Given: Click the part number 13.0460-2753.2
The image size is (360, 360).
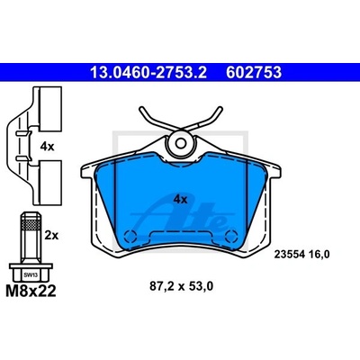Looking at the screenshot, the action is point(148,72).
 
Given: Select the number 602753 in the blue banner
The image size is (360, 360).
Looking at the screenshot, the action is point(254,72).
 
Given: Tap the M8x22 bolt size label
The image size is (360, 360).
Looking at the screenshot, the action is point(31,291).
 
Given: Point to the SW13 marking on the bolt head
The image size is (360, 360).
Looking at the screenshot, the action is point(31,274).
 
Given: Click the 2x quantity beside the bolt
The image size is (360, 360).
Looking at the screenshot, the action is point(51,236).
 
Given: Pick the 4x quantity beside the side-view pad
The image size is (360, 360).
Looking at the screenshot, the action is point(47,147).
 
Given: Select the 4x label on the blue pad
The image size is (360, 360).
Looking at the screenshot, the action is point(181,199).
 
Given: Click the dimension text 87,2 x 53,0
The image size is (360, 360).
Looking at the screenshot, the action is point(182,286).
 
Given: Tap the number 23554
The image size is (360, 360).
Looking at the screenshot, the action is point(290,255).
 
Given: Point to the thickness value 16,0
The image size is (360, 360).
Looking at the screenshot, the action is point(319,255).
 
